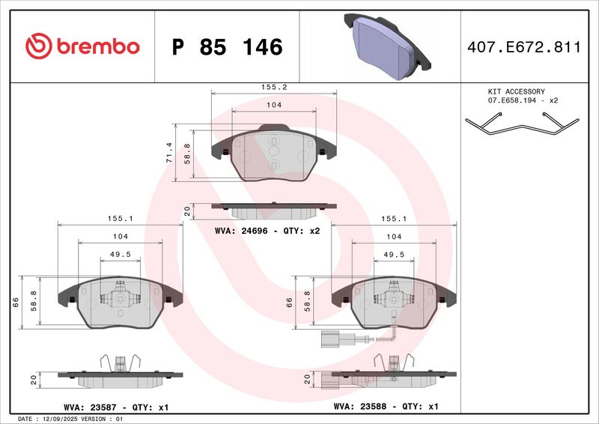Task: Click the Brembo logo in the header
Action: coord(82,46)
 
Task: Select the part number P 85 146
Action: coord(227,47)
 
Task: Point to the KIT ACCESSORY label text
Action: coord(517,91)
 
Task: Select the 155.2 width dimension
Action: coord(275,86)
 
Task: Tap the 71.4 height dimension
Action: coord(169,153)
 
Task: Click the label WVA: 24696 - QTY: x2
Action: coord(267,231)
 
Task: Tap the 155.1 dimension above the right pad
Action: coord(394,219)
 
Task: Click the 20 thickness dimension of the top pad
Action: coord(187,211)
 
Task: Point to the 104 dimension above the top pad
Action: coord(274,105)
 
